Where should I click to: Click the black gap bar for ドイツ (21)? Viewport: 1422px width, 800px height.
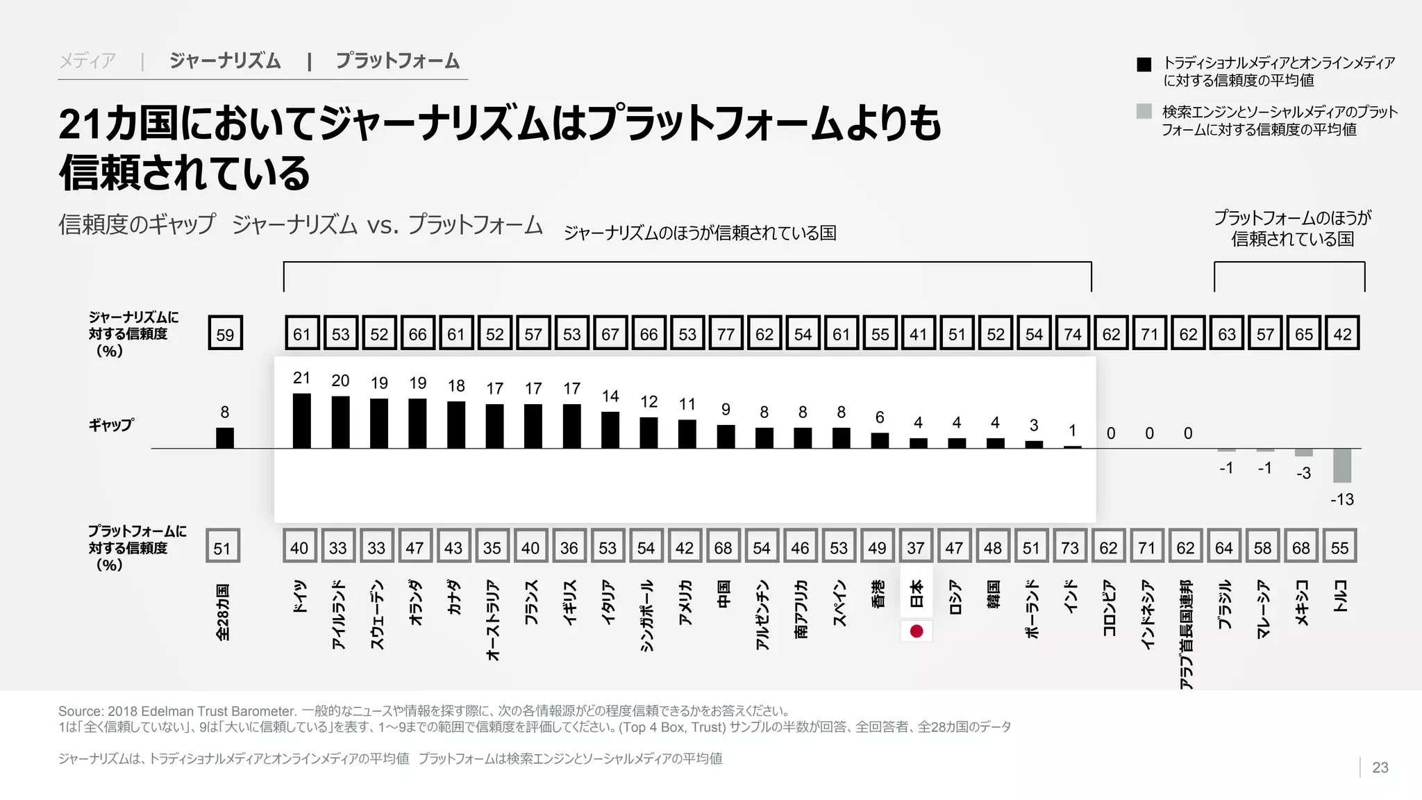click(x=301, y=421)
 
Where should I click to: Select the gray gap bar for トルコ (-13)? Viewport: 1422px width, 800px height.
click(x=1341, y=465)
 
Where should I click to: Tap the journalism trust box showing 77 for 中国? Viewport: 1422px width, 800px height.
click(x=726, y=334)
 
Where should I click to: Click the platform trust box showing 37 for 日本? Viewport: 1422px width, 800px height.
click(x=915, y=548)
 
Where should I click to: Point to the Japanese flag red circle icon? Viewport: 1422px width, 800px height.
click(x=916, y=631)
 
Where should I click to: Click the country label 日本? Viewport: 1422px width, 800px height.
click(x=916, y=594)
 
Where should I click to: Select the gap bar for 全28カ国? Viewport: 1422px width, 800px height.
click(x=224, y=438)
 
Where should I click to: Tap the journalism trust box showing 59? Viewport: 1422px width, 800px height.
click(x=225, y=334)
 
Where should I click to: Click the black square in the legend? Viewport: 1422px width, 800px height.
click(x=1144, y=65)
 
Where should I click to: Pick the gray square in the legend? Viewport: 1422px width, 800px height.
click(x=1144, y=111)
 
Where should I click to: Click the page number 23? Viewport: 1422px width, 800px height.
click(x=1380, y=767)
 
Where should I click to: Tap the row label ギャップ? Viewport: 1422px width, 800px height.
click(x=111, y=424)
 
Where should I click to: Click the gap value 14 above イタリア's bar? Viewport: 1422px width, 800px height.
click(x=610, y=397)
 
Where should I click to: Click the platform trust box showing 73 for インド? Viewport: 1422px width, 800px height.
click(x=1069, y=548)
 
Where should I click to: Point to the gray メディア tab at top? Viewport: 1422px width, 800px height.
click(x=87, y=61)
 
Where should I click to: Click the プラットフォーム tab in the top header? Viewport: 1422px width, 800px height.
click(x=397, y=61)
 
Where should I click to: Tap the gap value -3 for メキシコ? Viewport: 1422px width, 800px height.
click(x=1303, y=474)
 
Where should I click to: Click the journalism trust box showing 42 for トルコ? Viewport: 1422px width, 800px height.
click(x=1341, y=334)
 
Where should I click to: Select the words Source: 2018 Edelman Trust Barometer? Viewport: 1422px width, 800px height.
click(x=177, y=711)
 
